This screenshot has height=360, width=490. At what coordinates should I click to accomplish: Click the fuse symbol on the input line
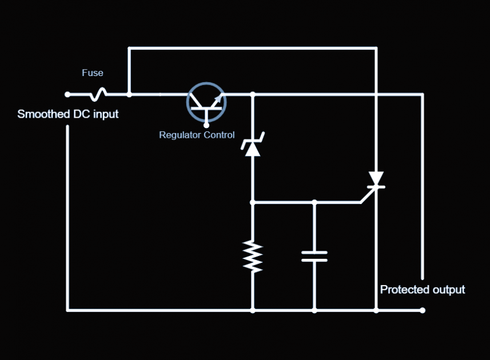tap(99, 94)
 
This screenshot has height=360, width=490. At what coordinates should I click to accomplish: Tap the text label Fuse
tap(93, 73)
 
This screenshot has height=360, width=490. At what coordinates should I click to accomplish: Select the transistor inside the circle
tap(206, 102)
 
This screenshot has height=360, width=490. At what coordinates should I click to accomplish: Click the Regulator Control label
tap(197, 135)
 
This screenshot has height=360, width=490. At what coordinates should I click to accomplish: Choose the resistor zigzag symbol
tap(252, 256)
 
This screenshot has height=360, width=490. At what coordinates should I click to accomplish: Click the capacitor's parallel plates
tap(314, 255)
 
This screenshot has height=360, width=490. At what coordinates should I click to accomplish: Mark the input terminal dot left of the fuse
tap(67, 94)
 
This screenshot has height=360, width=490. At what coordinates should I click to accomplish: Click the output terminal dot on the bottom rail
tap(423, 310)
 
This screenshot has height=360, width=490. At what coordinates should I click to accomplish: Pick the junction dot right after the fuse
tap(129, 94)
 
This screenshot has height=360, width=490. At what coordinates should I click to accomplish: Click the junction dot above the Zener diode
tap(252, 94)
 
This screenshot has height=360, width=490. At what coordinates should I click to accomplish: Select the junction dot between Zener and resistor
tap(252, 202)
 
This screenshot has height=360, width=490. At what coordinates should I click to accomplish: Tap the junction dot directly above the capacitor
tap(314, 202)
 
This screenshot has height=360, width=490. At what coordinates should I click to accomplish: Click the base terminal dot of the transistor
tap(206, 122)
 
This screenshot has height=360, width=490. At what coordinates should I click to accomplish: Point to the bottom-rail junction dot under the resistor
tap(252, 310)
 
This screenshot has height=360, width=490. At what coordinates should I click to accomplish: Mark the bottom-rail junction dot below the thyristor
tap(376, 310)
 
